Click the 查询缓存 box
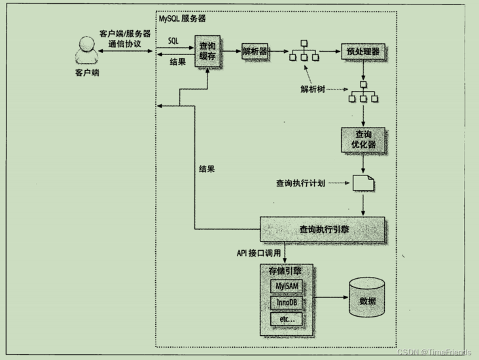point(206,52)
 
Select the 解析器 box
point(255,51)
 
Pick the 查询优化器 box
point(359,139)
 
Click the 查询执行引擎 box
point(323,230)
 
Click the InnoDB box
point(288,303)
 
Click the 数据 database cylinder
point(368,300)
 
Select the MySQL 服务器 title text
point(183,19)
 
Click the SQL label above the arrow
point(173,41)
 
